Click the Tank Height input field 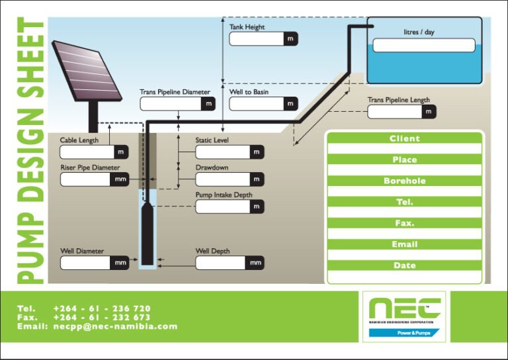pos(257,39)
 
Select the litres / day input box pos(424,45)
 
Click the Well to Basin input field pos(257,104)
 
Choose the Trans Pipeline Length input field pos(394,112)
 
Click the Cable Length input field pos(86,152)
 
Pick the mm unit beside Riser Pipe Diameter pos(120,179)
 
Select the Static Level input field pos(222,152)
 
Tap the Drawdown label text pos(212,167)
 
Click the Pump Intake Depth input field pos(222,206)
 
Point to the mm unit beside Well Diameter pos(120,263)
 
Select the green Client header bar pos(404,138)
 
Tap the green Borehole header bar pos(404,181)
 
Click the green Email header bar pos(404,244)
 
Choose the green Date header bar pos(404,265)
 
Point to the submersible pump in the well pos(148,232)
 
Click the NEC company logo pos(404,316)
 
